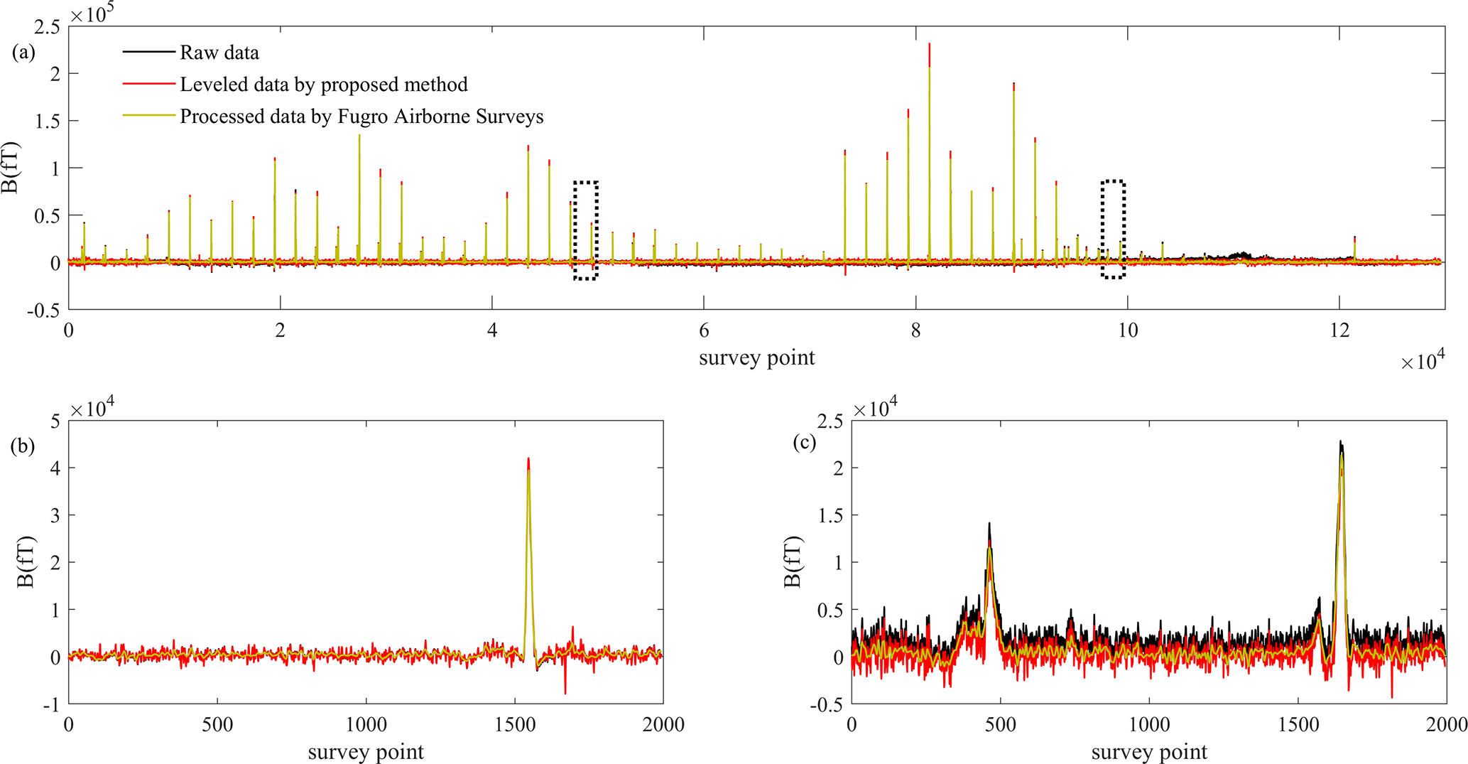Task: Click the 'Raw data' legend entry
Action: click(219, 53)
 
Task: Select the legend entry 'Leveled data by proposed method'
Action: click(323, 85)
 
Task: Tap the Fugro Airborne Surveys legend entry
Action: click(361, 117)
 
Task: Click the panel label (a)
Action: click(23, 52)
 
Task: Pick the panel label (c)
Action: click(805, 443)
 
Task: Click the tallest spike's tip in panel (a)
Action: click(929, 45)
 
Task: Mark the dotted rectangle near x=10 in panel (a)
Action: click(1113, 229)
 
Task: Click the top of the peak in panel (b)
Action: click(528, 459)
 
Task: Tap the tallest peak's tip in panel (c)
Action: click(1341, 442)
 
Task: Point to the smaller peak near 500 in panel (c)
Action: click(989, 524)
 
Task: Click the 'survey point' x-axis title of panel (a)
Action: click(756, 357)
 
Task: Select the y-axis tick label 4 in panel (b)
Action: click(54, 468)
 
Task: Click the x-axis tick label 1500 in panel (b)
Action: click(515, 725)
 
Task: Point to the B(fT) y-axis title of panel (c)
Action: click(793, 562)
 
